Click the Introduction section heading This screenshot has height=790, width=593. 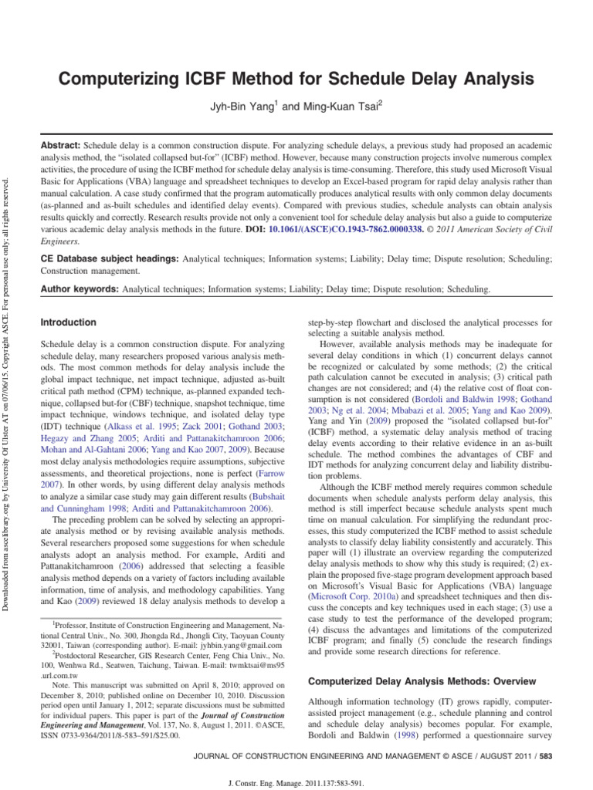pos(69,322)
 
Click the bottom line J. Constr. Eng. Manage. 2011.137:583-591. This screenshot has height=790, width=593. pos(296,779)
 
